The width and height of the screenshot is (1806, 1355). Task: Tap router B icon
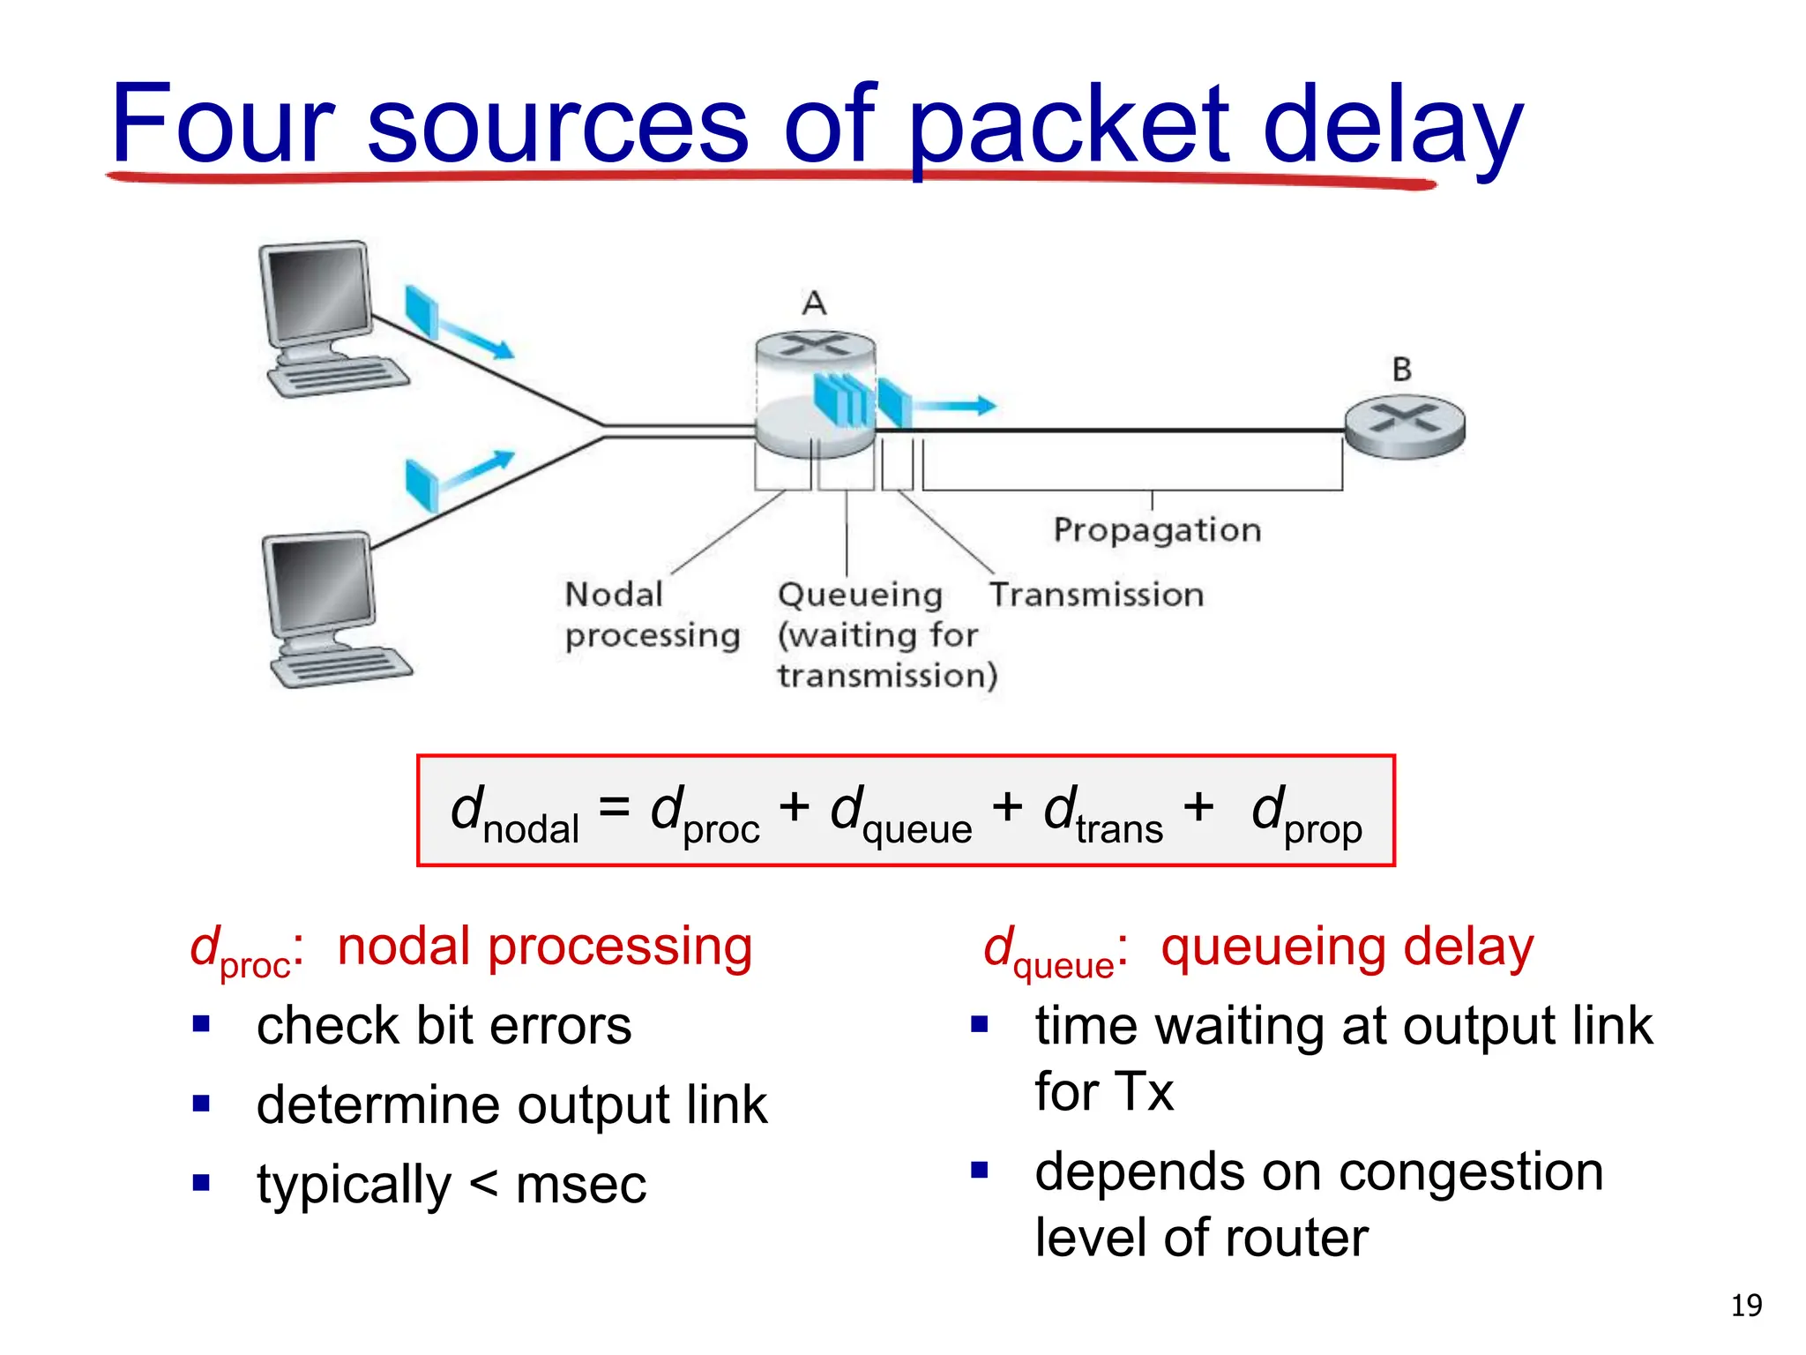coord(1404,428)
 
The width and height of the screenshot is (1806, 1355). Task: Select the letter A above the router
coord(814,303)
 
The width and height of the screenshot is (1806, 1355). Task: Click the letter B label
coord(1401,370)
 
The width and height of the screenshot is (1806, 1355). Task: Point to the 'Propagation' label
coord(1157,530)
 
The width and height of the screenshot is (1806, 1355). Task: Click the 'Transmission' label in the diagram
coord(1096,595)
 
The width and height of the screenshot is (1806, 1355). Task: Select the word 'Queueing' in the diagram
coord(860,595)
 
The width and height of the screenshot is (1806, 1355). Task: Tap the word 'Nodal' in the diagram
coord(614,595)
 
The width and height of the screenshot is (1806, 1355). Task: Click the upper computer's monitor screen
coord(318,290)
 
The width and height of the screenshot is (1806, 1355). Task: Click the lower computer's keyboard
coord(340,666)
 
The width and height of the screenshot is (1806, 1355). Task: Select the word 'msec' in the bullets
coord(580,1185)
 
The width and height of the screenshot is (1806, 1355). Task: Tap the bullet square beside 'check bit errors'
coord(201,1024)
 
